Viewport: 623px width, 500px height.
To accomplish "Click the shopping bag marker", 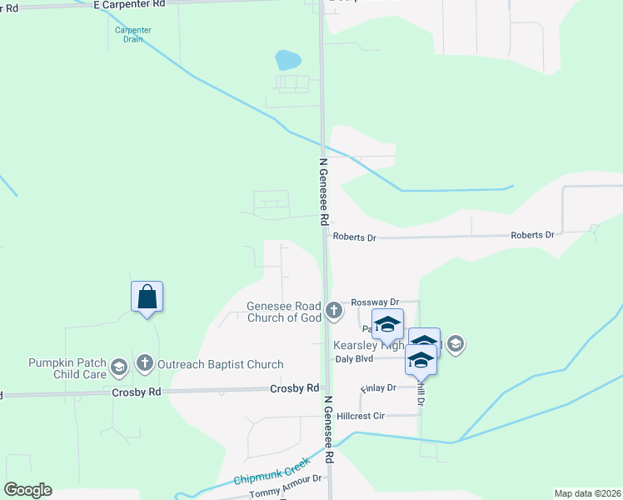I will tap(147, 297).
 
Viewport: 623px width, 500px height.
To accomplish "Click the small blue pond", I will tap(287, 60).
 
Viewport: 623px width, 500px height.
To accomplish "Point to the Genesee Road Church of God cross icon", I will tap(334, 312).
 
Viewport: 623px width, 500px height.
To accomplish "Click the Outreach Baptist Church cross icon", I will tap(146, 363).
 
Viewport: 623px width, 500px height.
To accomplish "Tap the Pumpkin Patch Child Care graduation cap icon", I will tap(119, 367).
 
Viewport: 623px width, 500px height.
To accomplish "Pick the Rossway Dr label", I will tap(376, 302).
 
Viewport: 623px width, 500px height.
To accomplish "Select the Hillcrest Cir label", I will tap(361, 415).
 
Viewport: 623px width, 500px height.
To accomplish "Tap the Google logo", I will tap(27, 490).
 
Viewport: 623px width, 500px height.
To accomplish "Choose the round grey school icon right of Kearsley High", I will tap(455, 342).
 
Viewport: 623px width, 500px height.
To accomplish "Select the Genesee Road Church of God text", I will tap(284, 312).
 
